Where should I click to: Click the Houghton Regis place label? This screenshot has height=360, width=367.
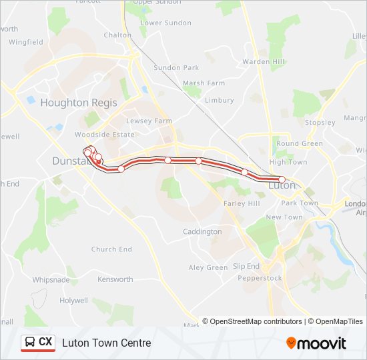pos(79,103)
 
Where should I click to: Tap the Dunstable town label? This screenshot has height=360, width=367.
pos(69,161)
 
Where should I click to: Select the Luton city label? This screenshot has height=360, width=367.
pos(281,185)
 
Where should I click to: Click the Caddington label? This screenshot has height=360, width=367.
pos(202,232)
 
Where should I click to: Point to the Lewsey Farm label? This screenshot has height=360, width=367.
pos(149,121)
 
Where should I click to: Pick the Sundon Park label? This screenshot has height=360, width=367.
pos(176,68)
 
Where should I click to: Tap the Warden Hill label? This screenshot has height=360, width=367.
pos(264,62)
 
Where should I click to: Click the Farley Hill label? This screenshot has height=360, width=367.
pos(242,203)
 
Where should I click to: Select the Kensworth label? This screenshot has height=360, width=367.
pos(115,279)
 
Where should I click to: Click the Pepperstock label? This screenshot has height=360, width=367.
pos(260,278)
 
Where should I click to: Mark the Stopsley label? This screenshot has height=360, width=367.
pos(320,123)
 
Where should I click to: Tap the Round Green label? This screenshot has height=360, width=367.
pos(300,143)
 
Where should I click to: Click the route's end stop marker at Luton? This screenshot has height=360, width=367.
pos(282,179)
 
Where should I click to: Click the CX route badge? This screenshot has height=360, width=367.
pos(38,343)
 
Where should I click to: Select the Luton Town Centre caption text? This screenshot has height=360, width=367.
pos(107,343)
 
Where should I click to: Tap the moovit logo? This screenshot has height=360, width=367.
pos(316,343)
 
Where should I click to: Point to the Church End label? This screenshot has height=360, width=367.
pos(111,249)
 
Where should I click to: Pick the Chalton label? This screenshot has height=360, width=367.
pos(117,35)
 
